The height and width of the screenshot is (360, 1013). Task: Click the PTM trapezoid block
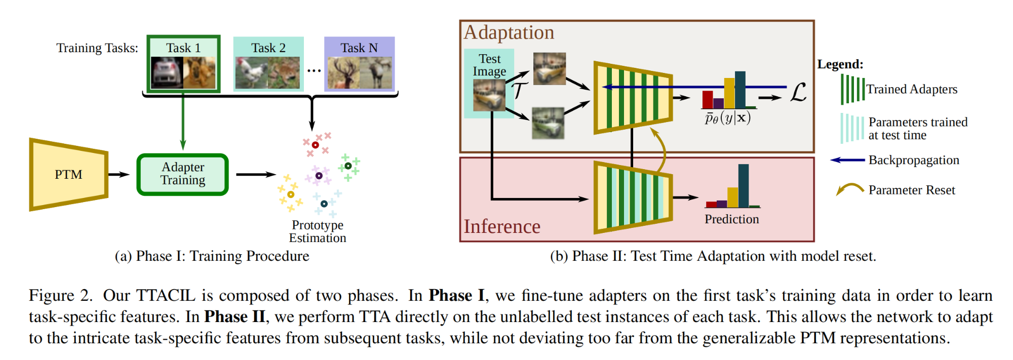pyautogui.click(x=68, y=175)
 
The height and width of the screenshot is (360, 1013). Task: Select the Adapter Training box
pyautogui.click(x=183, y=174)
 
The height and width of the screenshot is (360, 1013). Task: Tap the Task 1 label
pyautogui.click(x=183, y=48)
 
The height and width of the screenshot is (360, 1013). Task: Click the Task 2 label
pyautogui.click(x=268, y=48)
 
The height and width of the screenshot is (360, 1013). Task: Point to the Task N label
pyautogui.click(x=359, y=48)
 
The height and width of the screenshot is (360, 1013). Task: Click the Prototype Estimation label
pyautogui.click(x=318, y=231)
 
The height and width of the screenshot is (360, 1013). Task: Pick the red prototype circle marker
pyautogui.click(x=315, y=145)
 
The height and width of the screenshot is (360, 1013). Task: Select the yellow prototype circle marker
pyautogui.click(x=291, y=194)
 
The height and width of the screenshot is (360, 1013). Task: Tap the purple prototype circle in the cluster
pyautogui.click(x=319, y=176)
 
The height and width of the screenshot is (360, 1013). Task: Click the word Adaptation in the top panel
pyautogui.click(x=509, y=32)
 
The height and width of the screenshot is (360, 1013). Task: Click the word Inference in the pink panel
pyautogui.click(x=502, y=226)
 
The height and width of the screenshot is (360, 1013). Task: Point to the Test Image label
pyautogui.click(x=489, y=65)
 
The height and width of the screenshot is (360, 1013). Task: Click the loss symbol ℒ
pyautogui.click(x=798, y=93)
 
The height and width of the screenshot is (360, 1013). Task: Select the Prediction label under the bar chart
pyautogui.click(x=732, y=219)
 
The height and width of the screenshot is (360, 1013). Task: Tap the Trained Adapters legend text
pyautogui.click(x=912, y=90)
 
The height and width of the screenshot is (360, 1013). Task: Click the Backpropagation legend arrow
pyautogui.click(x=847, y=160)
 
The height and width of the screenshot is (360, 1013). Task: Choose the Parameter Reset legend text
pyautogui.click(x=912, y=190)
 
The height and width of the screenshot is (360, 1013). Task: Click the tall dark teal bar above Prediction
pyautogui.click(x=744, y=185)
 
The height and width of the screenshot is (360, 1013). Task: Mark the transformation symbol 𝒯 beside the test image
pyautogui.click(x=519, y=90)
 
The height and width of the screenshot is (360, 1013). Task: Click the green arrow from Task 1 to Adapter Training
pyautogui.click(x=183, y=122)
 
